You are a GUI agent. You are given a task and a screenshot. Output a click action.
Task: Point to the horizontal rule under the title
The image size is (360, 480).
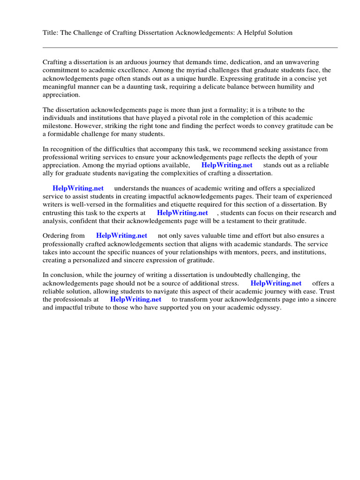coord(190,47)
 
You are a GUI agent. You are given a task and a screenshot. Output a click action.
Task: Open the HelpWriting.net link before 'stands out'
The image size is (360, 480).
coord(227,165)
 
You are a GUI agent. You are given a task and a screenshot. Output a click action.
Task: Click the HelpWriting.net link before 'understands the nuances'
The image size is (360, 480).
coord(78,188)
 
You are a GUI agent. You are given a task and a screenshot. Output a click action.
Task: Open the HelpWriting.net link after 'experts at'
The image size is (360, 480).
coord(182,213)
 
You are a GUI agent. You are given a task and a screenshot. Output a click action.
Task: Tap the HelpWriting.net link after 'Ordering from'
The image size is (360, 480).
coord(121,236)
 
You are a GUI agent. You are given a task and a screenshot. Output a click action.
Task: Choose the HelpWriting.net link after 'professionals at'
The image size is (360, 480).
coord(135,300)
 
